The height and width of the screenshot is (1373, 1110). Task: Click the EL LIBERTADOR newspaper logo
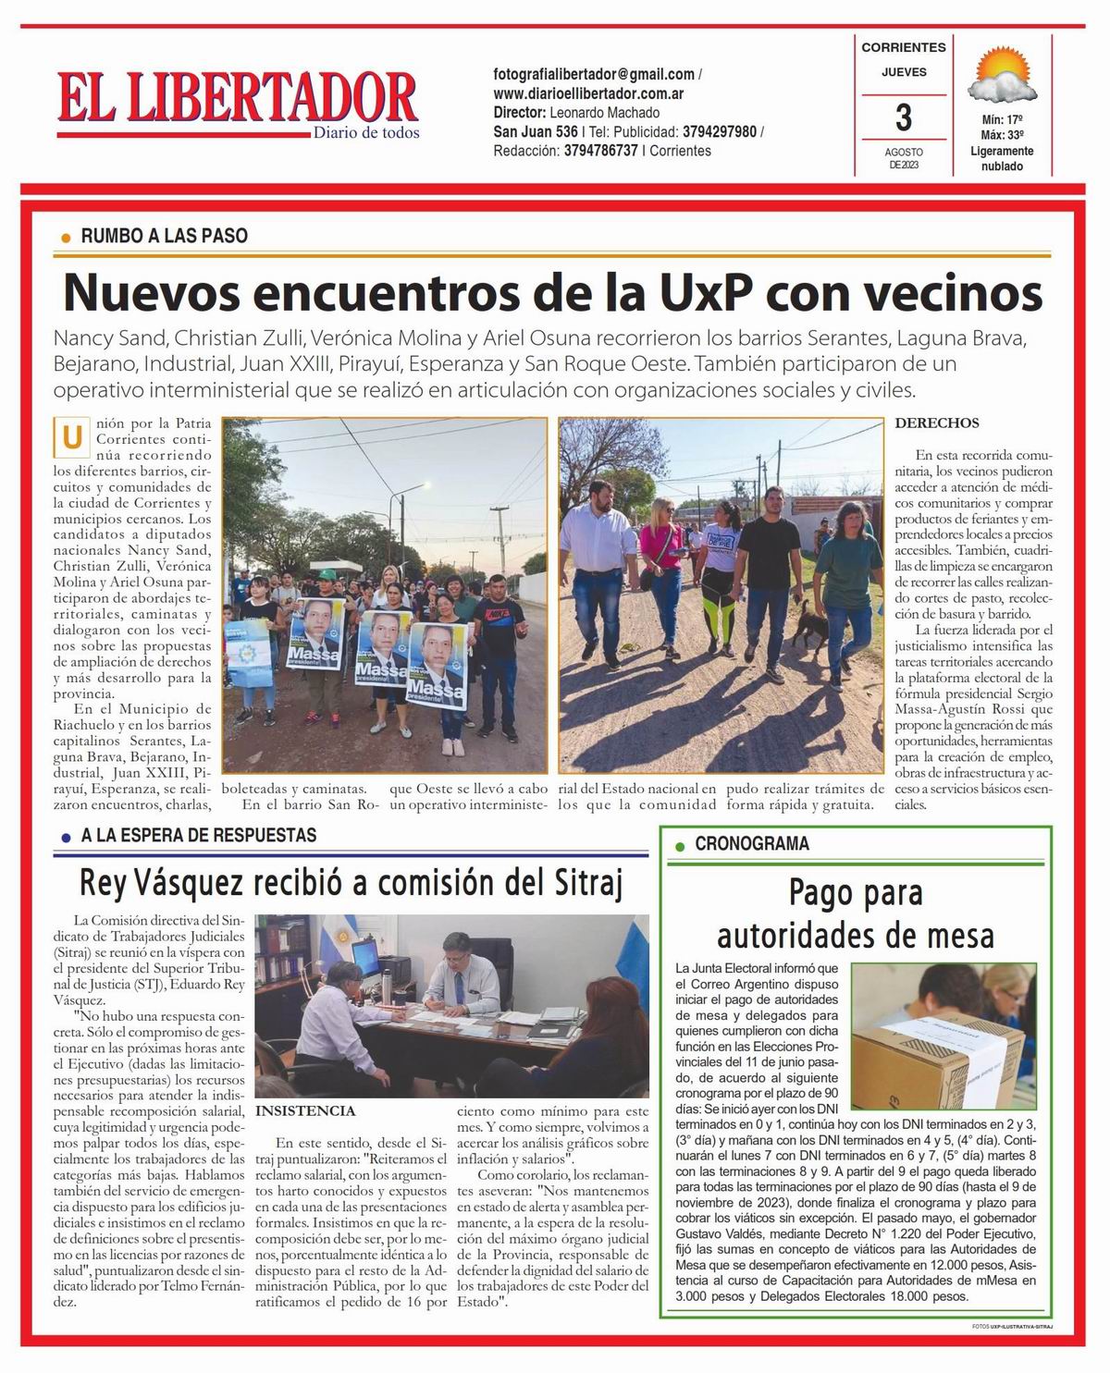point(238,99)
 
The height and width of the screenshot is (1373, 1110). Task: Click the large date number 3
point(904,118)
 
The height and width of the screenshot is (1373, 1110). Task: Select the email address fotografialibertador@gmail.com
point(594,74)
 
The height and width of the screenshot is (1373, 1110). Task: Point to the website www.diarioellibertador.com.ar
point(588,93)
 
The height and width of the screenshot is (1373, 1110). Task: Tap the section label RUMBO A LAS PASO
point(164,236)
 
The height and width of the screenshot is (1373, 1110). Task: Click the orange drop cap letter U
point(71,439)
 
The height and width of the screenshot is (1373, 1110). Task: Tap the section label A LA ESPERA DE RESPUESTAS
point(198,836)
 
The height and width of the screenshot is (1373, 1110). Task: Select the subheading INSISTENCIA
point(304,1110)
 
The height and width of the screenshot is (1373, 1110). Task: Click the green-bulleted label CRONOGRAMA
point(751,843)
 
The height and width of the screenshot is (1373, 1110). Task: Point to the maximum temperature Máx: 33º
point(1002,135)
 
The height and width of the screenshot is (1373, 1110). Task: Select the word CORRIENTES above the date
point(904,47)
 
